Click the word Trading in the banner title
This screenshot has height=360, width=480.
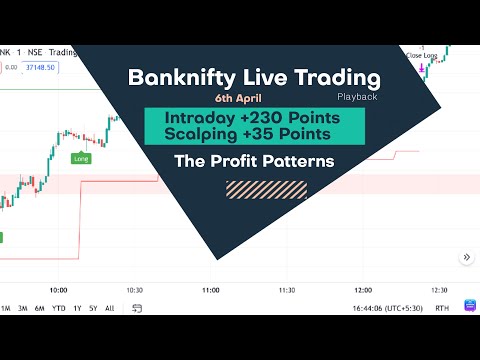(x=335, y=78)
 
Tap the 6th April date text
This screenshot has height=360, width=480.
(x=236, y=100)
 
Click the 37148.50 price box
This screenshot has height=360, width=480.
(x=42, y=68)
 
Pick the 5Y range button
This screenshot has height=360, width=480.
(x=93, y=308)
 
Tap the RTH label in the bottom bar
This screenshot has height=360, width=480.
(x=442, y=308)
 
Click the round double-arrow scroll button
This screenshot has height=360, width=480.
(x=466, y=257)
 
